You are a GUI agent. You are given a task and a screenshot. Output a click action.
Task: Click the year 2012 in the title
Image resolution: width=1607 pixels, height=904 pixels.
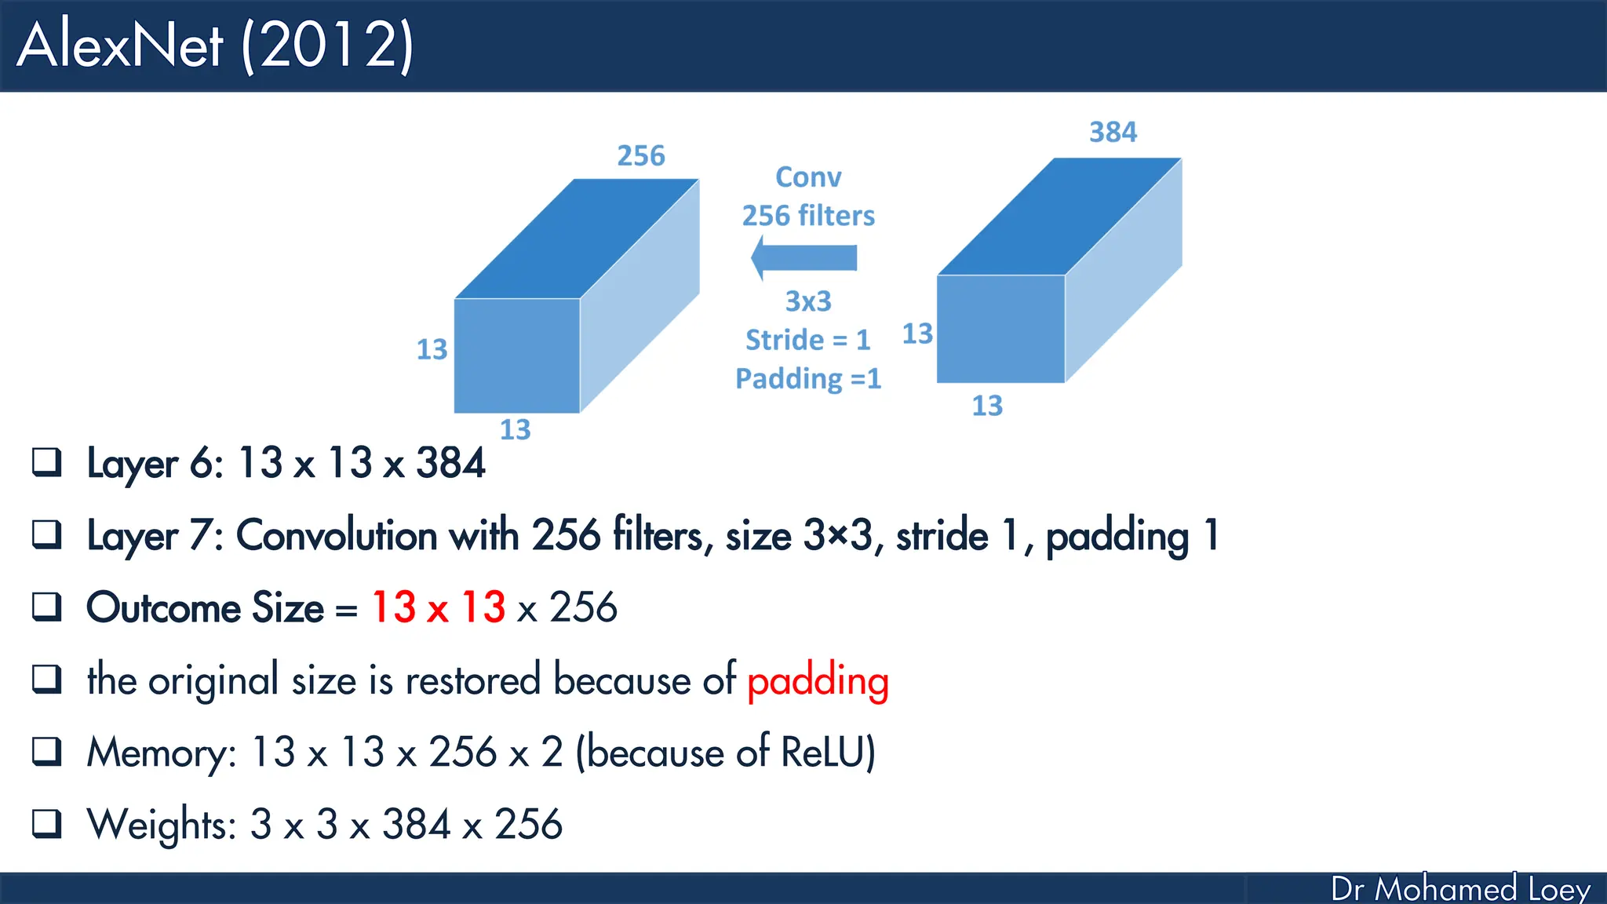click(x=328, y=46)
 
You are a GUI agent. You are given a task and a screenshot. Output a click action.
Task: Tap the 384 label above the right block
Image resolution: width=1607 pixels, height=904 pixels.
click(x=1113, y=132)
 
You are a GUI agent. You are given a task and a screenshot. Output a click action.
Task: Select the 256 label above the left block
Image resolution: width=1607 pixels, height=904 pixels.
click(x=640, y=155)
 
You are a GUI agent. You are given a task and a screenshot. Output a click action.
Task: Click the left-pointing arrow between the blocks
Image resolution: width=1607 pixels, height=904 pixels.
click(x=804, y=257)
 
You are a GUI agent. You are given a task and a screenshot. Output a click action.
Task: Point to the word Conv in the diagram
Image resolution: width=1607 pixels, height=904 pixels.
click(x=808, y=177)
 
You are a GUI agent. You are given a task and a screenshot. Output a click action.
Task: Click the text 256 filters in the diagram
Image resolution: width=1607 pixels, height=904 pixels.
click(x=808, y=216)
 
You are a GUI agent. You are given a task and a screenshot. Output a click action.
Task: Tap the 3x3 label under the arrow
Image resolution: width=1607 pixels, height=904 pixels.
click(x=808, y=301)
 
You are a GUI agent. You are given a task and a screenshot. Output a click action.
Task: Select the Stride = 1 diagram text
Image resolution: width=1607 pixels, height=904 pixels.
click(x=808, y=340)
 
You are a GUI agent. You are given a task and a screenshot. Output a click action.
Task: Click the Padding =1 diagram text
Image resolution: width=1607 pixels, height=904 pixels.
click(x=808, y=378)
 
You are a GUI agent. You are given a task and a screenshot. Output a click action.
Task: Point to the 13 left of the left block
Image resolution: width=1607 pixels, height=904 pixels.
click(x=432, y=349)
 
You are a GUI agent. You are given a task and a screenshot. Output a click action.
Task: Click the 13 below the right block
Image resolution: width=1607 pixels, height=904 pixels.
click(x=987, y=406)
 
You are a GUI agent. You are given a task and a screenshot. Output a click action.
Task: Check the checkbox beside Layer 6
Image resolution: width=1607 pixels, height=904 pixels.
click(x=47, y=462)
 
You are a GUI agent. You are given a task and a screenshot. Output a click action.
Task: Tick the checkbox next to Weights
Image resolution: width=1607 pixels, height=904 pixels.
click(x=47, y=824)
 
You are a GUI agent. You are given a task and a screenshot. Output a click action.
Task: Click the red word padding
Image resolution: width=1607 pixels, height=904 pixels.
click(x=818, y=680)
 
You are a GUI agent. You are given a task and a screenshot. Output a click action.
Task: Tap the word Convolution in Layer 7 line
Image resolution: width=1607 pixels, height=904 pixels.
click(x=337, y=535)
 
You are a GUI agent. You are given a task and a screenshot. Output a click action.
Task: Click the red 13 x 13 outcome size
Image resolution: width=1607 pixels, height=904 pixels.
click(x=439, y=607)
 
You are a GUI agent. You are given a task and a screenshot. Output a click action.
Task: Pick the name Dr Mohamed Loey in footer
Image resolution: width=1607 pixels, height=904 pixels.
click(x=1460, y=889)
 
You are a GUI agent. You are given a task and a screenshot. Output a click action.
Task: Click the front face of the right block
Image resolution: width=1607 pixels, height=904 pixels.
click(x=1000, y=329)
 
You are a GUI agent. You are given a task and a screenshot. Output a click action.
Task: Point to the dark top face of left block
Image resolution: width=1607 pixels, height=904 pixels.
click(x=577, y=239)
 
